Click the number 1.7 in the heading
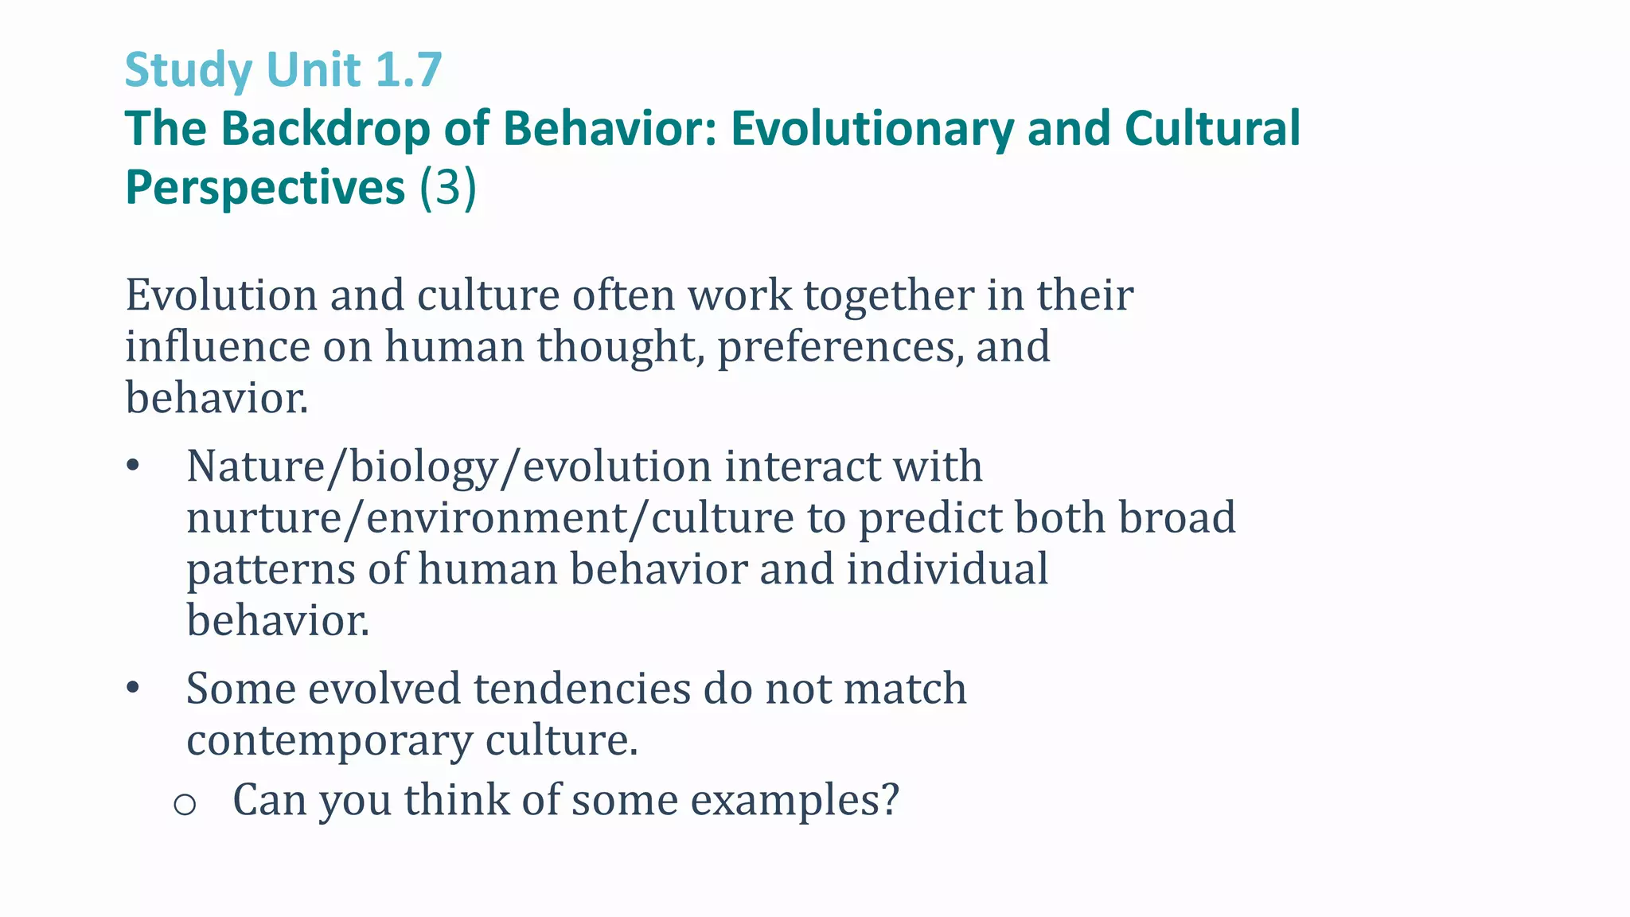pos(407,70)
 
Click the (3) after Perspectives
pos(448,188)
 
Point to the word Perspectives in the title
pos(265,188)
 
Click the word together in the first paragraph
pos(888,295)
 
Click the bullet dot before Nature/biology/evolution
pos(133,466)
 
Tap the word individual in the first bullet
pos(946,570)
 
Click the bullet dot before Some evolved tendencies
pos(133,689)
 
